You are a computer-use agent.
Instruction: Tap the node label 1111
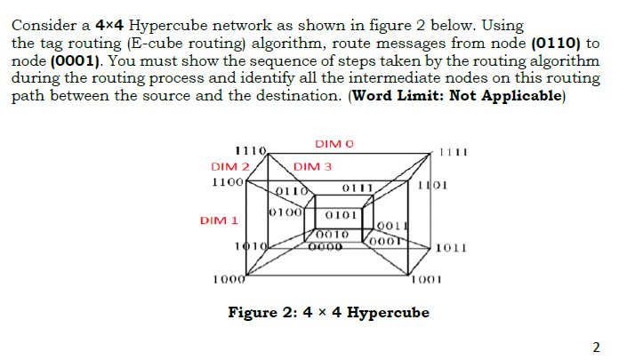[x=453, y=152]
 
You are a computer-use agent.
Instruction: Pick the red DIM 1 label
[x=219, y=220]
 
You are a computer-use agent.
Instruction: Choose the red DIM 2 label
[x=229, y=166]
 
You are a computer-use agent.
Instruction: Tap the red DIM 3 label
[x=312, y=166]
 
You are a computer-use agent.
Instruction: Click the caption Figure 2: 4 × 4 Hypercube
[x=328, y=313]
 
